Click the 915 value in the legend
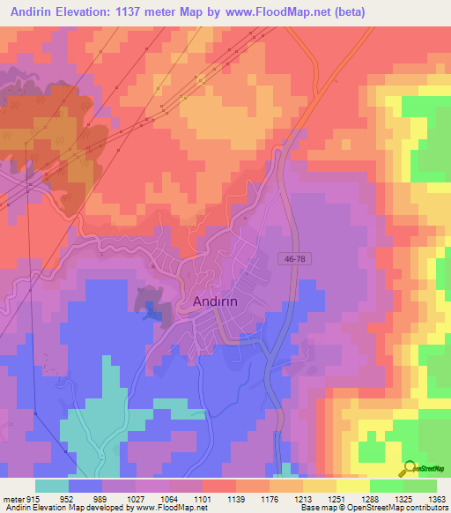(x=34, y=499)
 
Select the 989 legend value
(x=100, y=499)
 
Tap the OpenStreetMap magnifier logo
(x=410, y=468)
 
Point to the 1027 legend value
(x=133, y=499)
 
